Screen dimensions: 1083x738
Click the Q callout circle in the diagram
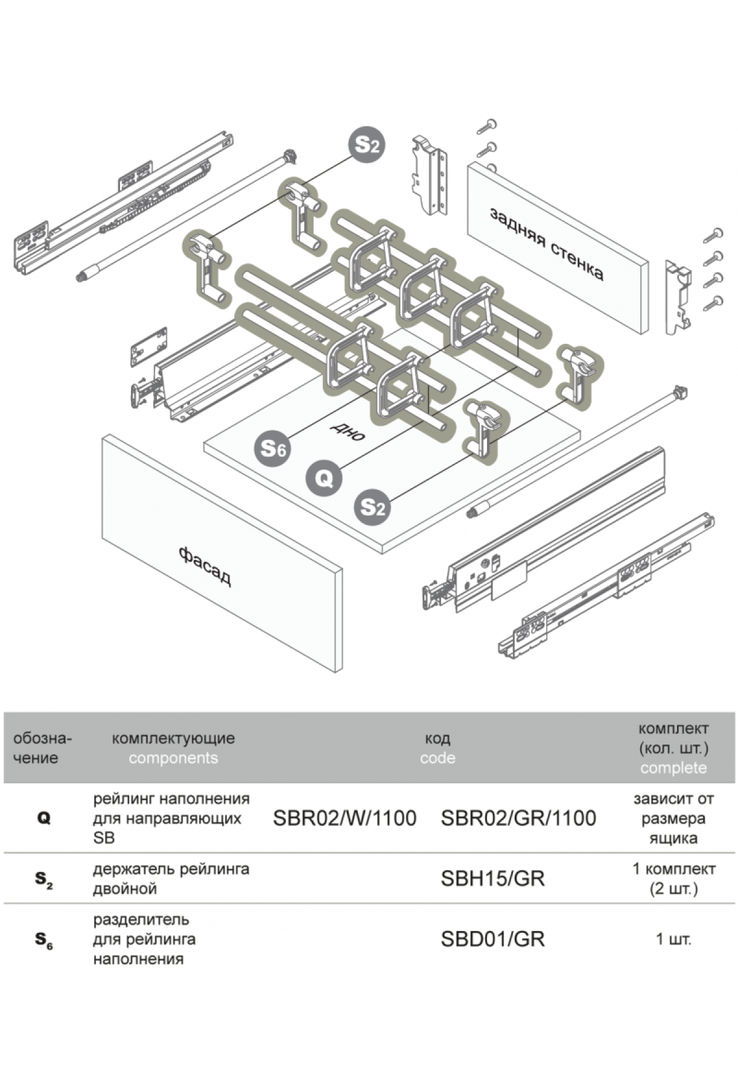pos(324,477)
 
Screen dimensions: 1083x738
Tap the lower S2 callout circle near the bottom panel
pos(372,507)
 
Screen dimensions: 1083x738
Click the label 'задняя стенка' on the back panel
pos(546,244)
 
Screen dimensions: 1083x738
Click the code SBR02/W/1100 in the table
pos(344,818)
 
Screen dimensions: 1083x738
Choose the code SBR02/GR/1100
pos(518,818)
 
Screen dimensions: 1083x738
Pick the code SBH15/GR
pos(493,879)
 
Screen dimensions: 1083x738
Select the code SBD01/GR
pos(493,939)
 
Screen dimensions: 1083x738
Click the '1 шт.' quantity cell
pos(673,939)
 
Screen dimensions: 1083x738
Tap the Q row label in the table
pos(44,818)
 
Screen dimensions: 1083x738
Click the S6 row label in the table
pos(44,939)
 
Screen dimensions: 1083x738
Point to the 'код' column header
pos(437,738)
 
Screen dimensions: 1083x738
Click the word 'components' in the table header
pos(173,758)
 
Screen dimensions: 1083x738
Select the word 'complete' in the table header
pos(673,768)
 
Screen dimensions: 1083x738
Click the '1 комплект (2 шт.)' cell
pos(673,879)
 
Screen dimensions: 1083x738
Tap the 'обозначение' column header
pos(42,748)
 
